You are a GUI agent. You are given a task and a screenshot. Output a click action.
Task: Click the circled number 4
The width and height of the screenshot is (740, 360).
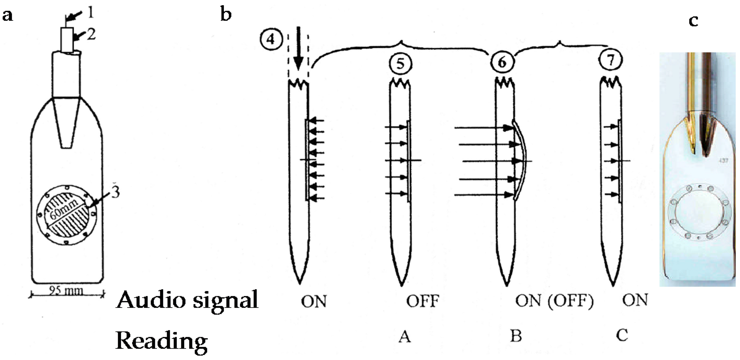point(271,40)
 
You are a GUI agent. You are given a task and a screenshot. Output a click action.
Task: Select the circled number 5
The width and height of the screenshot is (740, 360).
point(400,64)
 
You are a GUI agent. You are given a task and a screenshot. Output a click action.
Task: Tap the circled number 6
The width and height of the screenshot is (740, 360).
point(502,62)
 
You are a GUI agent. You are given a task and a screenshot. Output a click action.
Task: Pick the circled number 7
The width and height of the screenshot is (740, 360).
point(610,60)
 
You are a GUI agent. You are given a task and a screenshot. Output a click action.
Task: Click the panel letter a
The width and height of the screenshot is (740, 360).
point(8,15)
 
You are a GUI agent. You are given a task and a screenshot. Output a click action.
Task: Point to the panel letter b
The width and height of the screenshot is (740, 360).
point(226,14)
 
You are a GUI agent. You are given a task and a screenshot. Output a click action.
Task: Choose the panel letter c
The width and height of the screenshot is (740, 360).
point(693,20)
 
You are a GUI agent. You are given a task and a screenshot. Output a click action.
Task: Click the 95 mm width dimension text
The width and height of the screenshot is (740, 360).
point(66,291)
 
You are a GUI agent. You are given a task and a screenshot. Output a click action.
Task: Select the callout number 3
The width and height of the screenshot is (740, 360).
point(115,192)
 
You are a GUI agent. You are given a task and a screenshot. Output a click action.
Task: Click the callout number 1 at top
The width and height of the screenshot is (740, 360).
point(90,13)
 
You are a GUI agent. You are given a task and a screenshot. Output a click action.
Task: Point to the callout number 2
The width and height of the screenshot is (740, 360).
point(91,34)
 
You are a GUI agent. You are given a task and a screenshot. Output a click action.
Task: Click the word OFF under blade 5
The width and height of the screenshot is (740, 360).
point(423,301)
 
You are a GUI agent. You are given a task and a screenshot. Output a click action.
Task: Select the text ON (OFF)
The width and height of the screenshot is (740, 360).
point(554,301)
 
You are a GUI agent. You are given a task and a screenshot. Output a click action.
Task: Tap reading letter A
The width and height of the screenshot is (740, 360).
point(405,336)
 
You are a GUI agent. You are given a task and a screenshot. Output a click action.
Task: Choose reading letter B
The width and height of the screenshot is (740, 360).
point(516,336)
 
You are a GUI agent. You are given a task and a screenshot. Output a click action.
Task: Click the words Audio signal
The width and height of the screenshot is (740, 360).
point(187,300)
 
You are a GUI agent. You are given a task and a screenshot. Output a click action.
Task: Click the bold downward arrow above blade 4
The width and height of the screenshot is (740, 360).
point(298,48)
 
